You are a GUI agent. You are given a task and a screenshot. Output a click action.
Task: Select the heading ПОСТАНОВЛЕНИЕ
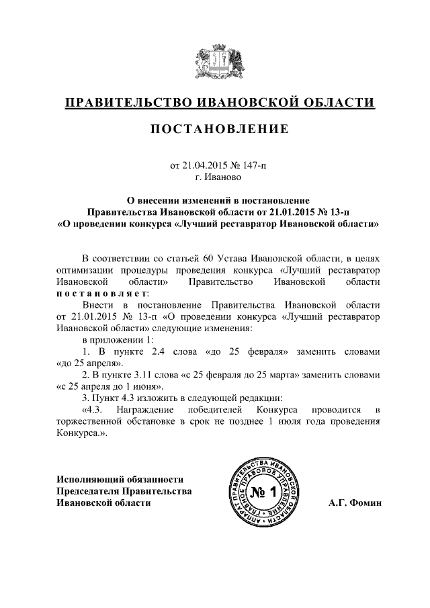[215, 129]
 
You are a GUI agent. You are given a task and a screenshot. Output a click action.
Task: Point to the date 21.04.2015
[204, 165]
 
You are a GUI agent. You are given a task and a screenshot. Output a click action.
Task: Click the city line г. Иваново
[215, 177]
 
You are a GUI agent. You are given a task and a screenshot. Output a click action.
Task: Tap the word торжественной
[87, 422]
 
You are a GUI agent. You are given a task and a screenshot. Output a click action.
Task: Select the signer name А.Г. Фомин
[355, 502]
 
